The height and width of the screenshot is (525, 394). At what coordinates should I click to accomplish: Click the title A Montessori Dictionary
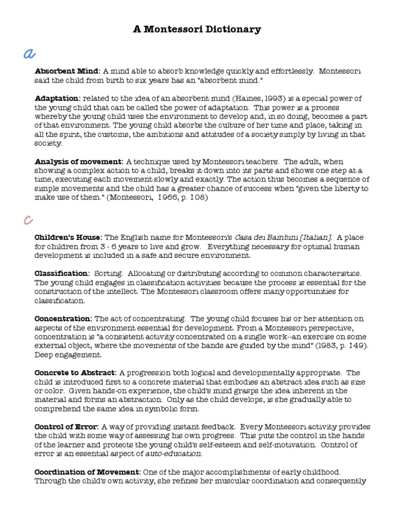tap(197, 29)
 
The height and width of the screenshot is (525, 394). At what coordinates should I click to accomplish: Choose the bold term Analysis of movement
tap(79, 161)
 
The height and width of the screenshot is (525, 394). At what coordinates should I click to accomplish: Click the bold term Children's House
tap(68, 237)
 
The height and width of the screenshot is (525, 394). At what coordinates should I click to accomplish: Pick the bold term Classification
tap(62, 273)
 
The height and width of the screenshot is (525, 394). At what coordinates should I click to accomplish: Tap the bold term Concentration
tap(63, 318)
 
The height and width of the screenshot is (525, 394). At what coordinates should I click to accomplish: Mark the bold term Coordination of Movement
tap(87, 472)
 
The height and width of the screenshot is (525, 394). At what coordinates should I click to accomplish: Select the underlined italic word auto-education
tap(174, 454)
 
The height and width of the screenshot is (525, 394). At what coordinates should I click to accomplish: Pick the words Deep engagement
tap(68, 355)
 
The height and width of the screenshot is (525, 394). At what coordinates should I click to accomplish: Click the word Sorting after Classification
tap(107, 273)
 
